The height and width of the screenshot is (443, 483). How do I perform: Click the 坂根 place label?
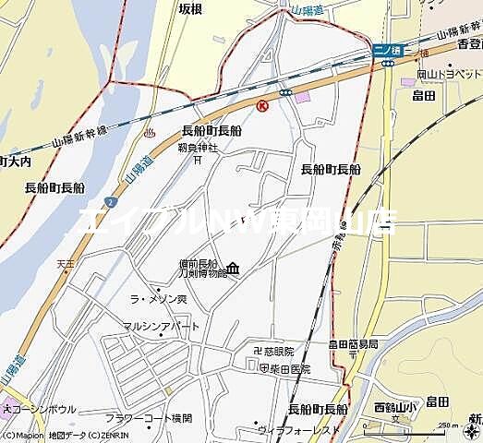[x=191, y=7]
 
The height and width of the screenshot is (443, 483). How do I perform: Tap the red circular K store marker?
[x=262, y=106]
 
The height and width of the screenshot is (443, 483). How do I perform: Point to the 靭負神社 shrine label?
[x=197, y=147]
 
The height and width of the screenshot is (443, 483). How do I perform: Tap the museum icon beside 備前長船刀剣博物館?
[x=233, y=269]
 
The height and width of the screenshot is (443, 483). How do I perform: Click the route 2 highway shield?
[x=110, y=199]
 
